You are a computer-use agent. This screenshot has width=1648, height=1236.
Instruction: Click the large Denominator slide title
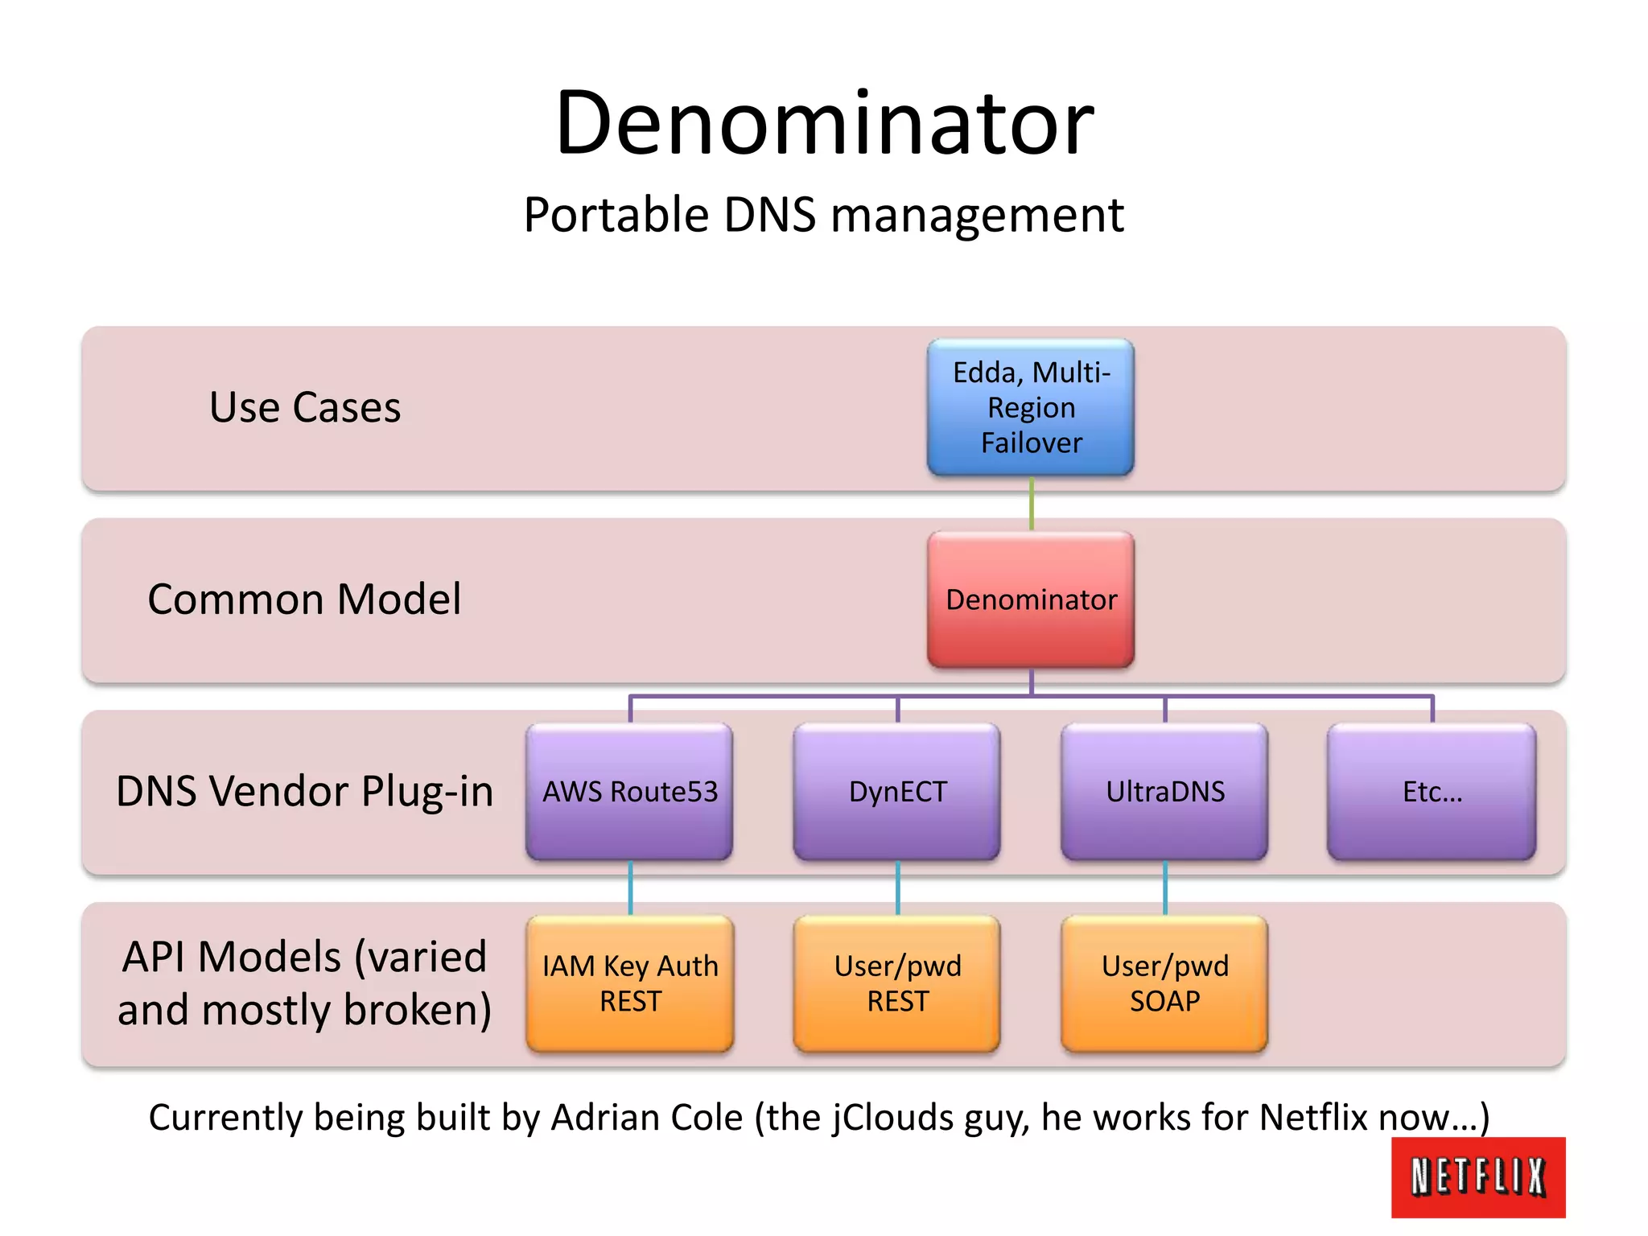coord(824,123)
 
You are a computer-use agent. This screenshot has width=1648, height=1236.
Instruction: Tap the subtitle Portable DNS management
coord(823,215)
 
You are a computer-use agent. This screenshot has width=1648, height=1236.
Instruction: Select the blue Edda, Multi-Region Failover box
coord(1031,407)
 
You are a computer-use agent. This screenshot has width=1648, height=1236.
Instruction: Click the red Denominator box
coord(1031,599)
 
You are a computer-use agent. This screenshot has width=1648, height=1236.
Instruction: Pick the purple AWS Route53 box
coord(629,792)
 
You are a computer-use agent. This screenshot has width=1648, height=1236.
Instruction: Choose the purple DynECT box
coord(897,792)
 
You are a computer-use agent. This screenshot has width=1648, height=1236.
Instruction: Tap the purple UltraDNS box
coord(1164,792)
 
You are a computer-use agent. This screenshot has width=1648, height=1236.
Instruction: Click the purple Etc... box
coord(1432,792)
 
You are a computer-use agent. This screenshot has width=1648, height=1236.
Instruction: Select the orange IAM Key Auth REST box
coord(630,983)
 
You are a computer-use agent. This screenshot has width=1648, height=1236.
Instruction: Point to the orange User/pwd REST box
coord(897,983)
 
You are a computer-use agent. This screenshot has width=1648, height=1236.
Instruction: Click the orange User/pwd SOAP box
coord(1164,983)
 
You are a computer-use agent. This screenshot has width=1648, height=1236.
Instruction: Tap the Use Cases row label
coord(305,407)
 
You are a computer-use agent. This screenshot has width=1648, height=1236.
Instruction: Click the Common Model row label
coord(304,599)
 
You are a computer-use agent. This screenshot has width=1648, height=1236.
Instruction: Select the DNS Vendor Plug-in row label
coord(304,791)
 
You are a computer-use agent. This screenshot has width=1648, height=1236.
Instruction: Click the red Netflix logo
coord(1478,1176)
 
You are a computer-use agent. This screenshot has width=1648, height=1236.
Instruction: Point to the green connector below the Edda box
coord(1032,503)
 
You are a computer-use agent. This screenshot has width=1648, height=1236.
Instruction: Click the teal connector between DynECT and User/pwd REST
coord(897,888)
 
